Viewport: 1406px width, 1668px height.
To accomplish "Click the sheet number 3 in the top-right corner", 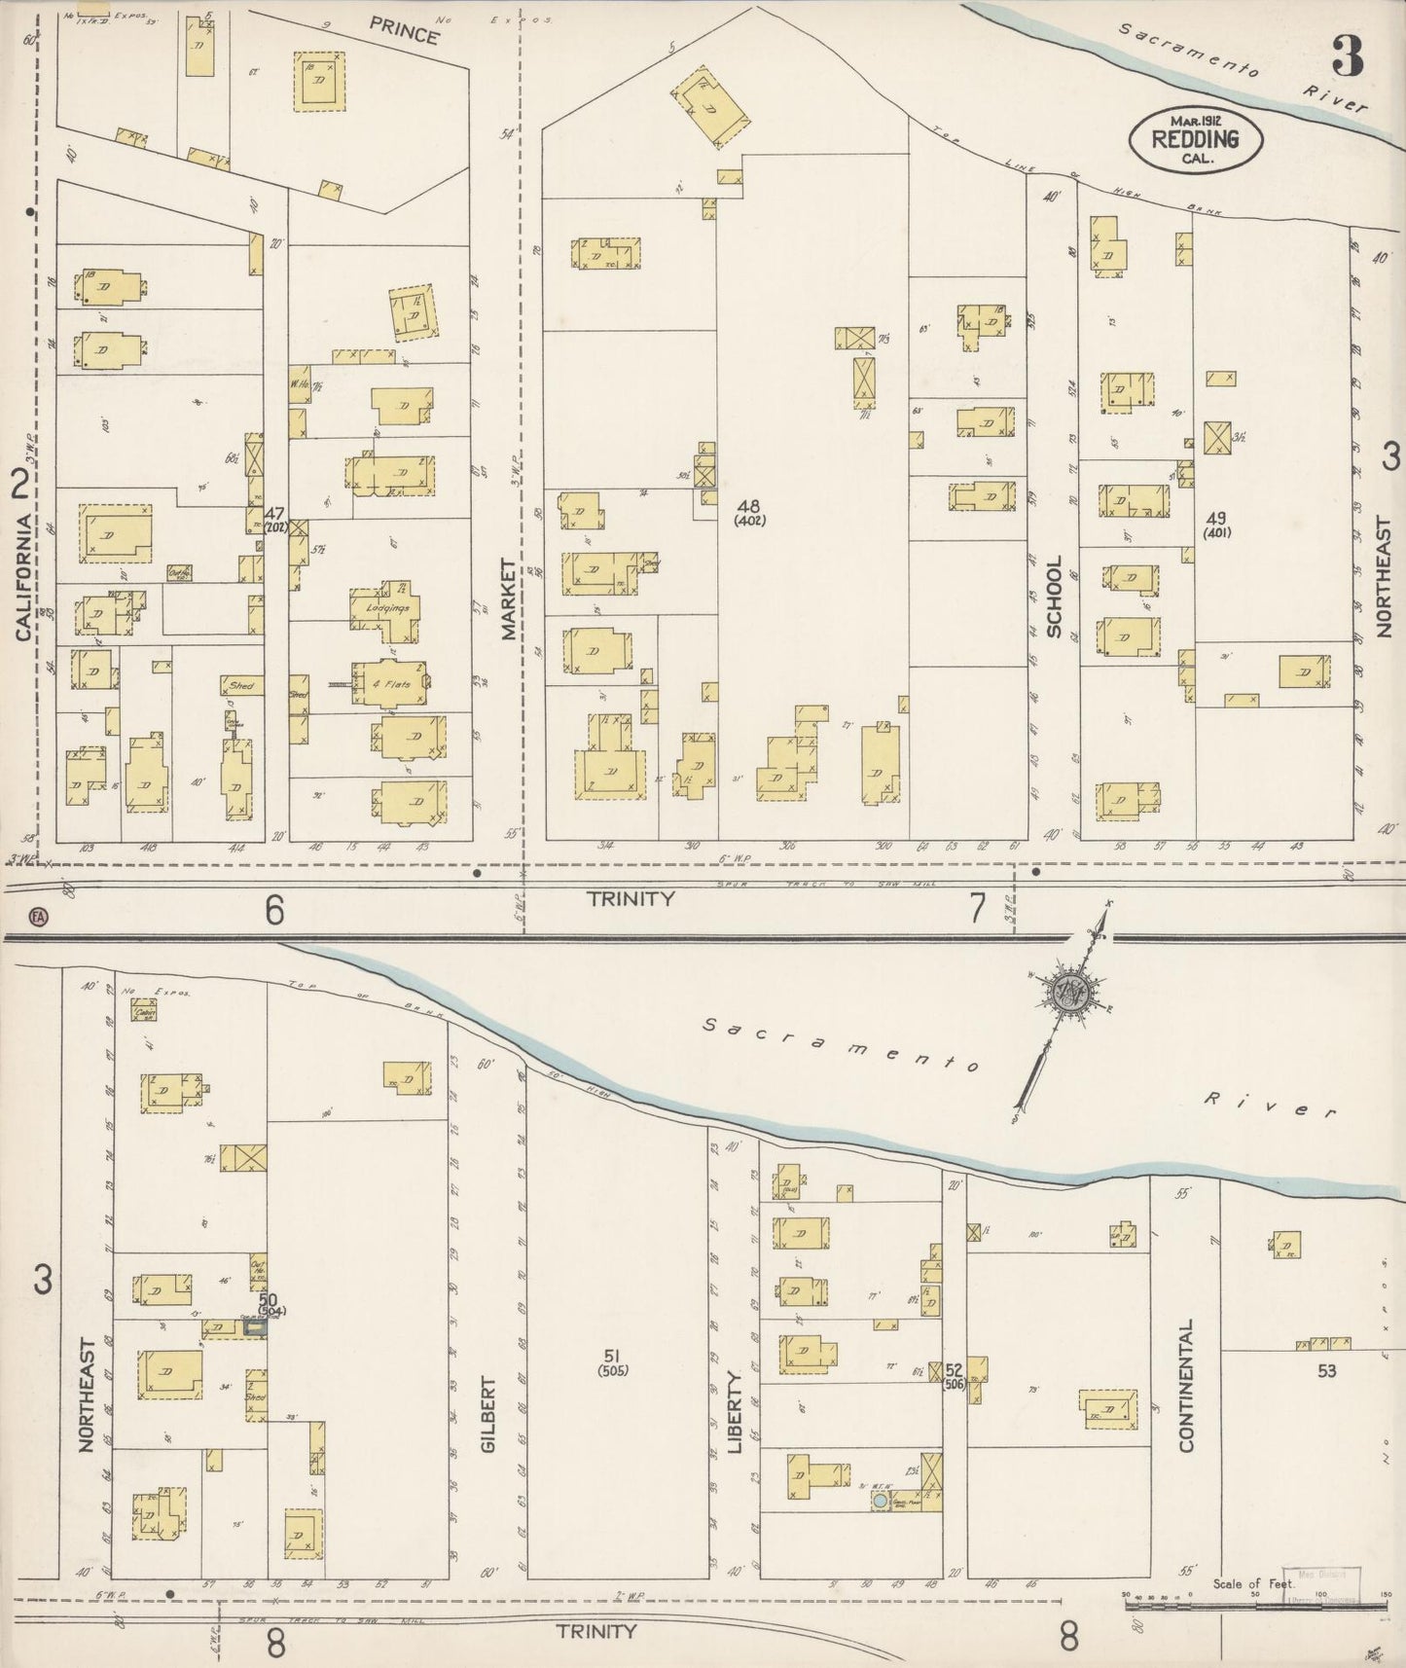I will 1347,57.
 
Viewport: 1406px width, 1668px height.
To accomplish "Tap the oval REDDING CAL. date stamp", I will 1196,139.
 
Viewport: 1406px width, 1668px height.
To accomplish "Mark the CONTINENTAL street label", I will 1186,1386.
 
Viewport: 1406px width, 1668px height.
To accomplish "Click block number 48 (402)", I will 749,512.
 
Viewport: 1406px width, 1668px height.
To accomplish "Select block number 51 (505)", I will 614,1362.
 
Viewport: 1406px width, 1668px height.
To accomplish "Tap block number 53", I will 1326,1371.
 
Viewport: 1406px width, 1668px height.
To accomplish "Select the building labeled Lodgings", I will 387,607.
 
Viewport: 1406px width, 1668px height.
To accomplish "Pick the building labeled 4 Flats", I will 387,684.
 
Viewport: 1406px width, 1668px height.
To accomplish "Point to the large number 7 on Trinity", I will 977,907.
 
